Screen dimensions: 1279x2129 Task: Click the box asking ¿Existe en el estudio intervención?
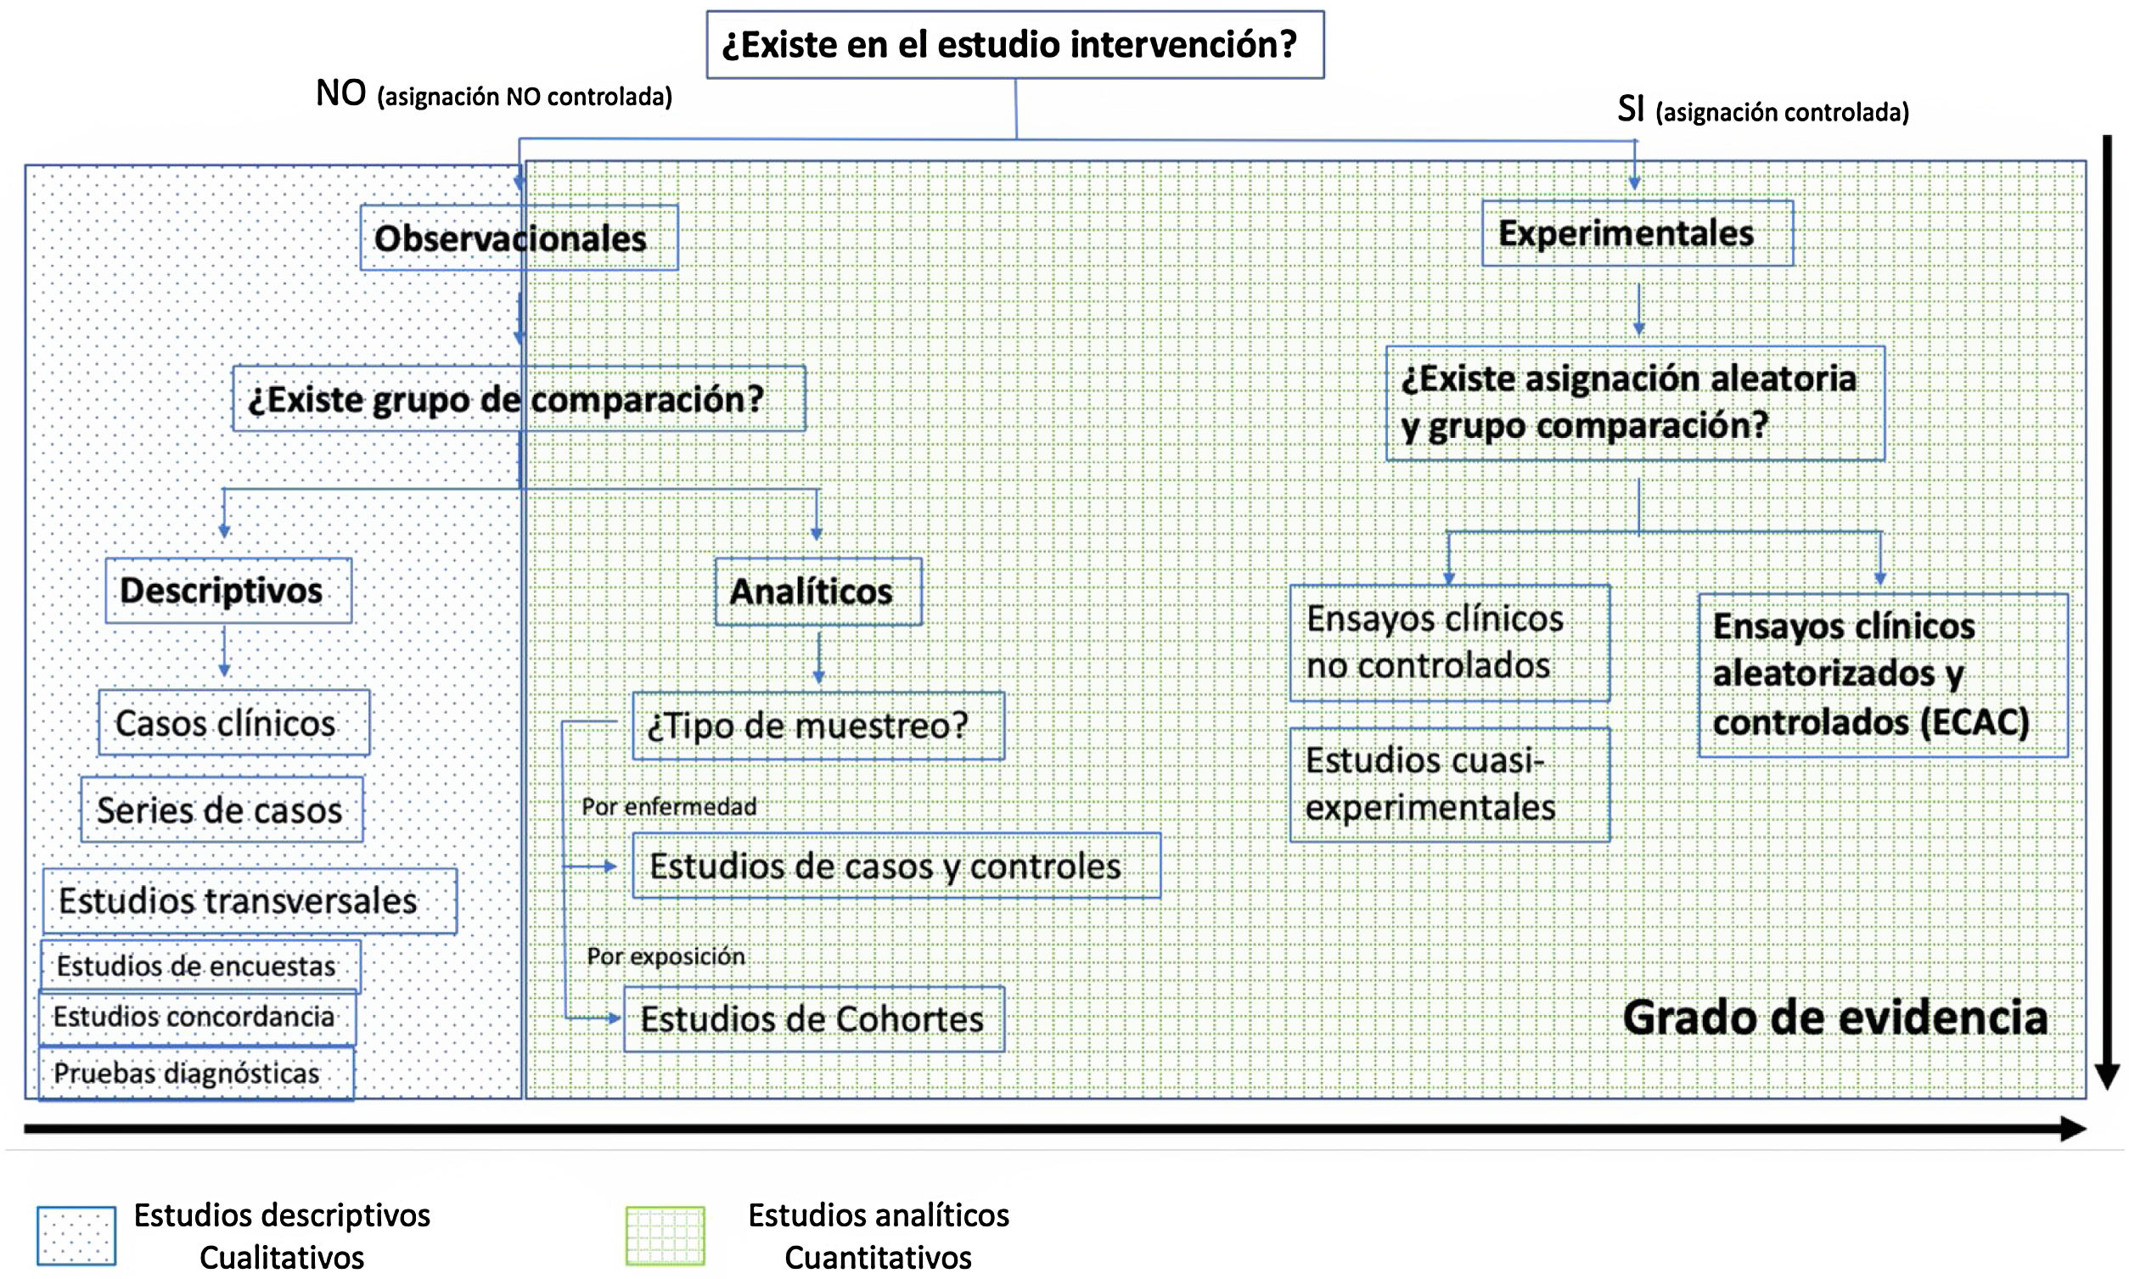pos(1014,45)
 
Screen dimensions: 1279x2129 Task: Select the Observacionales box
pos(518,238)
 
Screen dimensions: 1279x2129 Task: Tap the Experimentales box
pos(1637,233)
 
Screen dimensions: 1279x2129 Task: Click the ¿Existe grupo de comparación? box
pos(518,399)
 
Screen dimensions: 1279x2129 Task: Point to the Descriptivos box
pos(228,592)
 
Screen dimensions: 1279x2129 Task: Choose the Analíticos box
pos(818,592)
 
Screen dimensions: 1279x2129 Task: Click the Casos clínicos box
pos(233,723)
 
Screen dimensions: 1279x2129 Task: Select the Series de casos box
pos(222,811)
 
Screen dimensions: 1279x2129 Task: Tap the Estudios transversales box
pos(249,900)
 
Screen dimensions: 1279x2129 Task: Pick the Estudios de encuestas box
pos(200,966)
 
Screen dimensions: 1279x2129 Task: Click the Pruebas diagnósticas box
pos(195,1074)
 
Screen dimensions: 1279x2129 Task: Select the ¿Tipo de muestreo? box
pos(818,726)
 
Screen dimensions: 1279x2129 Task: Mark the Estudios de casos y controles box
pos(896,867)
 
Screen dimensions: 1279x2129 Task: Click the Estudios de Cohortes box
pos(814,1019)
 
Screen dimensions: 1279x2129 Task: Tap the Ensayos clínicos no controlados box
pos(1449,643)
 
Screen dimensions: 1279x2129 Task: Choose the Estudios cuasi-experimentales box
pos(1449,785)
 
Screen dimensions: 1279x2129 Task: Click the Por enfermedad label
pos(669,807)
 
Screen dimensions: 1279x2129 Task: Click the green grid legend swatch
pos(665,1236)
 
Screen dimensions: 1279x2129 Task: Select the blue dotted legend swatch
pos(76,1236)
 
